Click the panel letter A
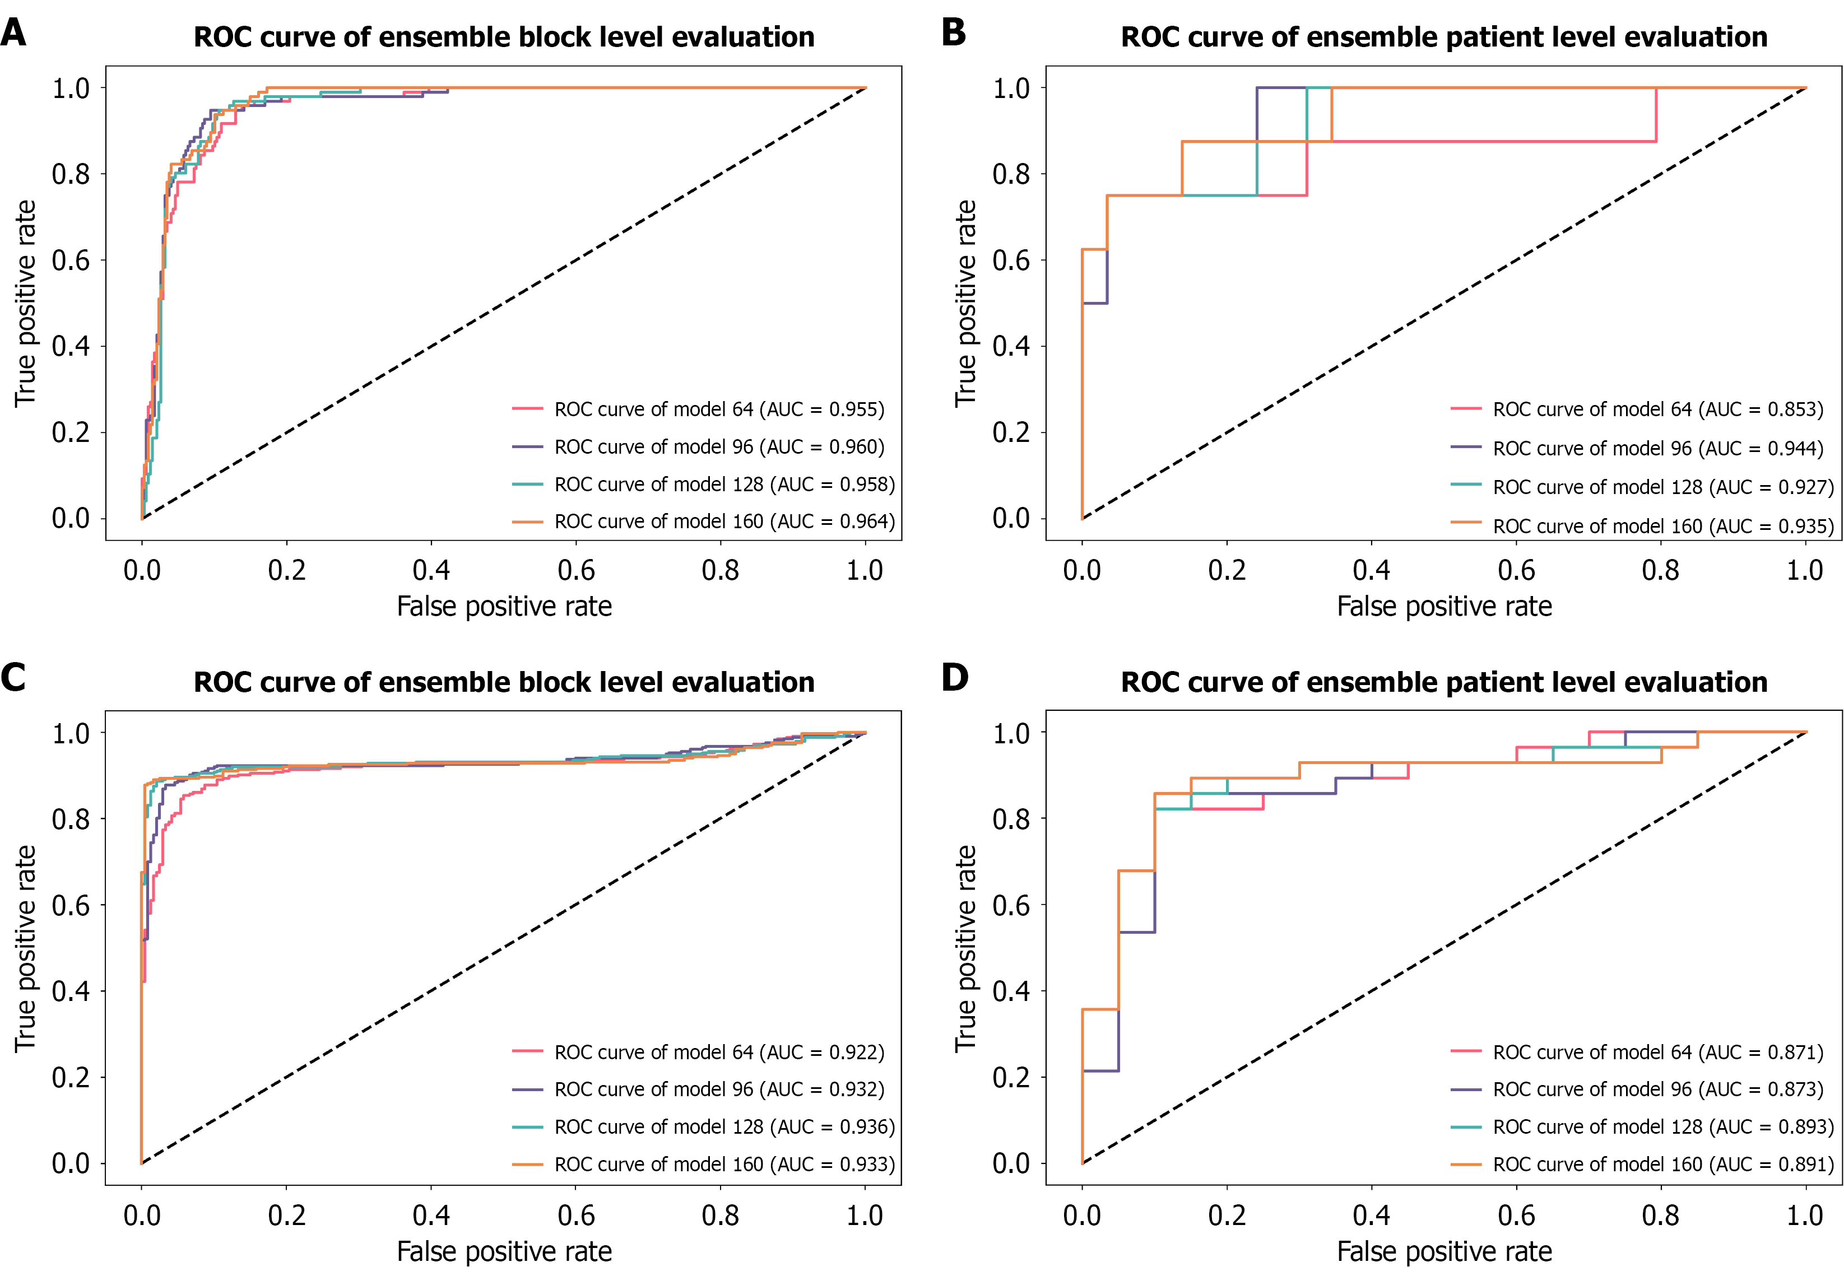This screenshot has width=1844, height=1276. click(13, 34)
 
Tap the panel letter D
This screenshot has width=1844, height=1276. click(954, 678)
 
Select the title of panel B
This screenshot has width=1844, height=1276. click(1443, 38)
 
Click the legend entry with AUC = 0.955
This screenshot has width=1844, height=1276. click(719, 409)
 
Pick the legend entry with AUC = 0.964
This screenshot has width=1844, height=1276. click(724, 521)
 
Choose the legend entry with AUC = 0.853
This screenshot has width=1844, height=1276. click(1657, 409)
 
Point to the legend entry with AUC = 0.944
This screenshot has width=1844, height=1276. click(1657, 449)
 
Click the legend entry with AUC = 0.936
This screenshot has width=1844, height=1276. click(724, 1126)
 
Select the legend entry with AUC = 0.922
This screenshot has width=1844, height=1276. click(719, 1052)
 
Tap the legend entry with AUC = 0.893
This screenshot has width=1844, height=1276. click(1663, 1126)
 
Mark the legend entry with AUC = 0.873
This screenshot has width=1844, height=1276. click(1657, 1089)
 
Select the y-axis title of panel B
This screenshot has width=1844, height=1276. click(965, 303)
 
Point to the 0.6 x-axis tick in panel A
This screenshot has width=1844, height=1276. click(576, 570)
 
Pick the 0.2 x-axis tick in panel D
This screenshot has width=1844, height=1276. click(1227, 1216)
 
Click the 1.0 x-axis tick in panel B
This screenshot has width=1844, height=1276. click(1805, 570)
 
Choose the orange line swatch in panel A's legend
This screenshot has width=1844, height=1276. click(528, 521)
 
